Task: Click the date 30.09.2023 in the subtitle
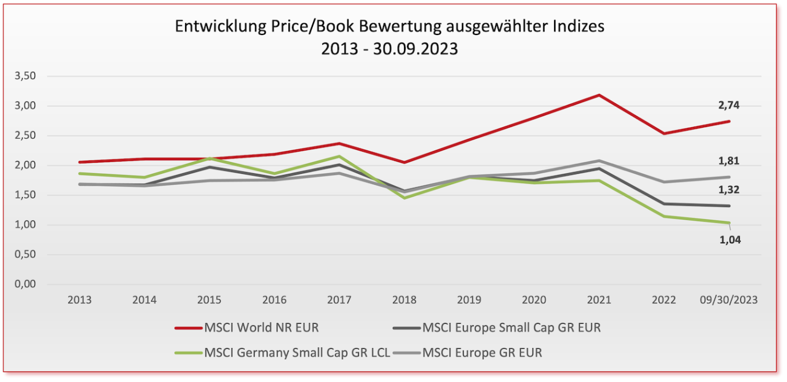[x=416, y=49]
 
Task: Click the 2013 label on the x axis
[x=79, y=300]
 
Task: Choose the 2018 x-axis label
[x=404, y=300]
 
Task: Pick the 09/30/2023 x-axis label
[x=729, y=300]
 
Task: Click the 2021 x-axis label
[x=599, y=300]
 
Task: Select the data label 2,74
[x=729, y=106]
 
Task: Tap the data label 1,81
[x=729, y=162]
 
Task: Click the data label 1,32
[x=729, y=190]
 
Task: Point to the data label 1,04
[x=730, y=240]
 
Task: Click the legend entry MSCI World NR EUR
[x=261, y=328]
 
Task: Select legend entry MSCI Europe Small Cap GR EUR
[x=511, y=328]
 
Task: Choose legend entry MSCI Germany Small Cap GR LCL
[x=297, y=353]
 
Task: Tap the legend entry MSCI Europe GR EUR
[x=482, y=353]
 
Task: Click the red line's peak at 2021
[x=599, y=95]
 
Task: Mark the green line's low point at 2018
[x=404, y=198]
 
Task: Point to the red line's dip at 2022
[x=664, y=133]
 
